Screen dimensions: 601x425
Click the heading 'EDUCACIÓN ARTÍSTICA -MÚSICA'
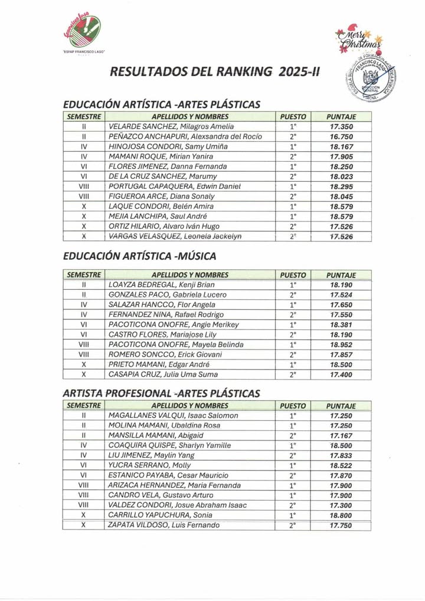coord(139,256)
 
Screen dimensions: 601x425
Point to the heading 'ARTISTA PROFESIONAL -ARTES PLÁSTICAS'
coord(161,393)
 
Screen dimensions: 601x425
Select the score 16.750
coord(341,137)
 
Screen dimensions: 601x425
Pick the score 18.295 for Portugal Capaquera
coord(341,187)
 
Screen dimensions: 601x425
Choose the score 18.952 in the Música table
coord(341,344)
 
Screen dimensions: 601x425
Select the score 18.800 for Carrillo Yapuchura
coord(341,515)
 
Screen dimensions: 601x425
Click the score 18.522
coord(341,465)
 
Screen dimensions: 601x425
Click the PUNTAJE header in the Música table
coord(341,275)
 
